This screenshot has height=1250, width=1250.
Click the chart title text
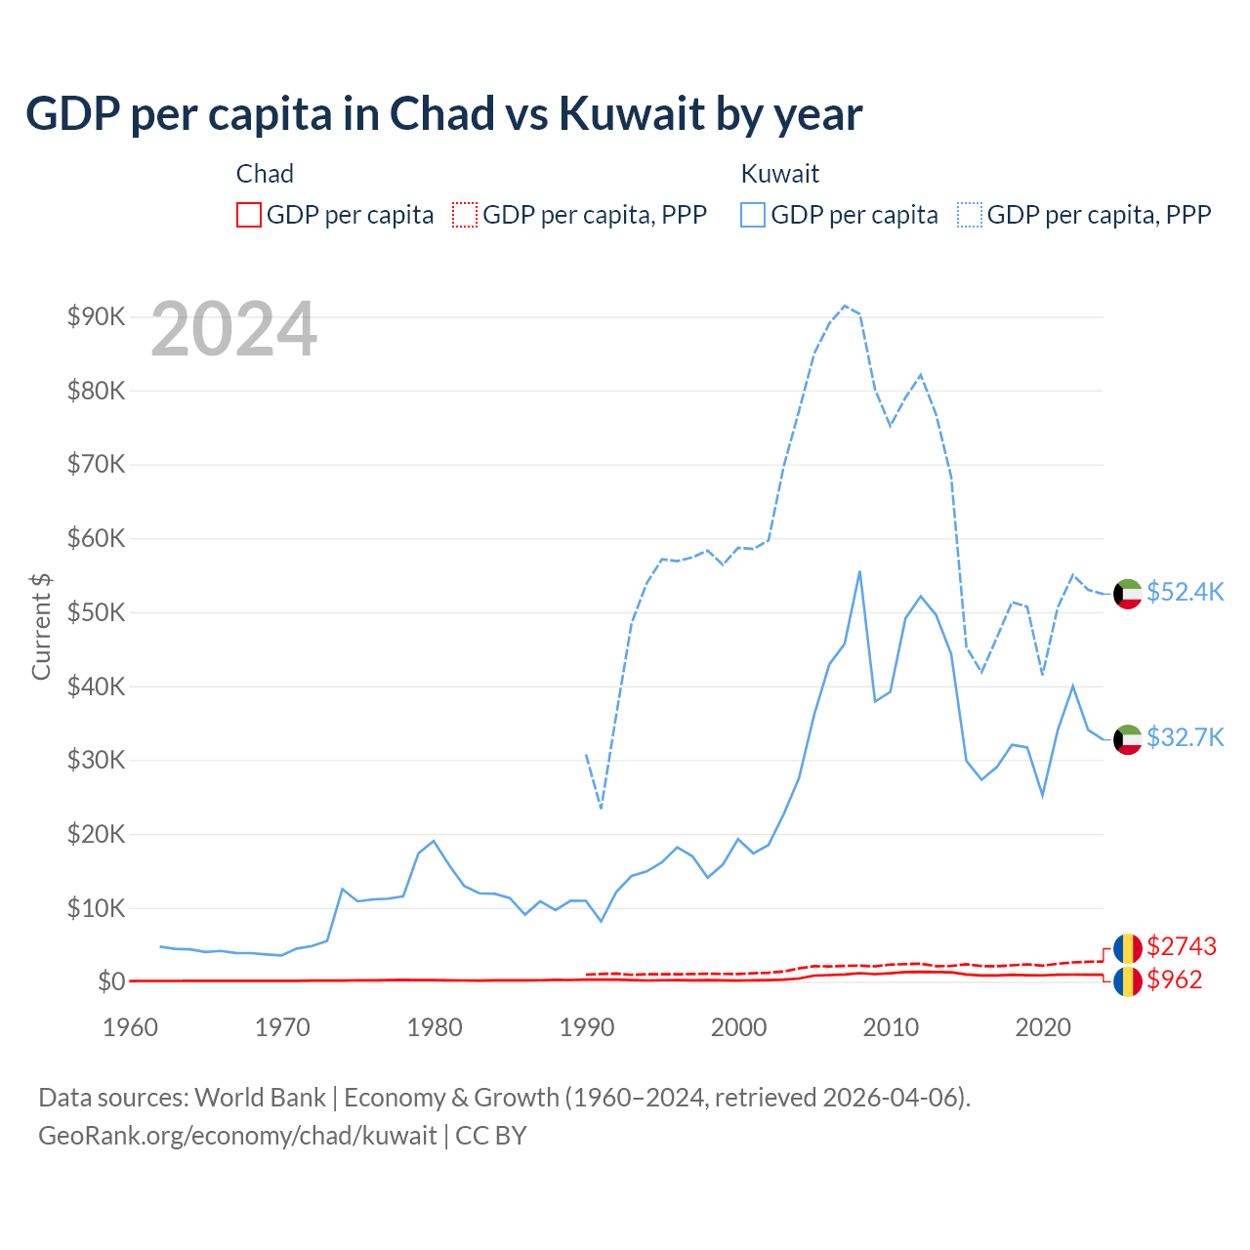click(x=443, y=114)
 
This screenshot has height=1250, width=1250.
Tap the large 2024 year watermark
click(x=234, y=330)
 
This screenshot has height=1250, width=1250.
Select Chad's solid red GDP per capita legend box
click(x=249, y=215)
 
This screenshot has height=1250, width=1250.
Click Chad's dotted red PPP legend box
click(x=465, y=215)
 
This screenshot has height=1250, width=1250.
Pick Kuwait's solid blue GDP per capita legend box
click(x=753, y=215)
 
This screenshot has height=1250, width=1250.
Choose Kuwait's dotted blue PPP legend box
click(x=970, y=215)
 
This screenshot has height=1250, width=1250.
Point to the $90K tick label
click(x=96, y=316)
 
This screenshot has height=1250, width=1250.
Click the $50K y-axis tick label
click(x=96, y=612)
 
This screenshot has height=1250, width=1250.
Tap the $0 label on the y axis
click(x=110, y=981)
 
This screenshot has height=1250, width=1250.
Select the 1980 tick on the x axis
click(x=435, y=1027)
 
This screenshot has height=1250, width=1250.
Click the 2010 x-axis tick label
click(x=891, y=1027)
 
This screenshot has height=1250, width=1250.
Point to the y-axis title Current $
click(x=41, y=626)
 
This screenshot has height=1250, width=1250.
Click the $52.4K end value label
click(x=1185, y=593)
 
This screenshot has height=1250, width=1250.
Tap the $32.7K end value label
click(x=1185, y=737)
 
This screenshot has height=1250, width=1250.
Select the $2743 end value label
click(x=1182, y=946)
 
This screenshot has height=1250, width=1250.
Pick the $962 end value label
click(x=1175, y=979)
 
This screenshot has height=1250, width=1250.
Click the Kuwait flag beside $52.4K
click(x=1128, y=594)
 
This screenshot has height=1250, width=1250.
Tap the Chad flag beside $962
click(x=1128, y=980)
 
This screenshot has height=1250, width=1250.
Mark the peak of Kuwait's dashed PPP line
click(x=845, y=306)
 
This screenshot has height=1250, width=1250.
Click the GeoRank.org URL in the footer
click(x=237, y=1136)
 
